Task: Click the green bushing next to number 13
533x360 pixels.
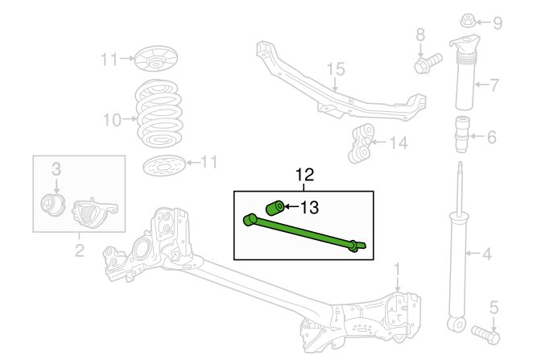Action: coord(275,208)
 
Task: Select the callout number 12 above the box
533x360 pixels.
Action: coord(304,175)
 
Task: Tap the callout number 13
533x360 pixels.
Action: coord(310,207)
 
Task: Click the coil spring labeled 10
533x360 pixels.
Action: coord(159,114)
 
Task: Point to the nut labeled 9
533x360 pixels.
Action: coord(468,21)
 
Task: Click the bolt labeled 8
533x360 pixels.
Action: coord(428,63)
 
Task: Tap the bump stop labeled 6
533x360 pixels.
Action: coord(462,134)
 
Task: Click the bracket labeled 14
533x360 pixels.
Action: coord(362,143)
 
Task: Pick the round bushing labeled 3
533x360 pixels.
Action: coord(52,205)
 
